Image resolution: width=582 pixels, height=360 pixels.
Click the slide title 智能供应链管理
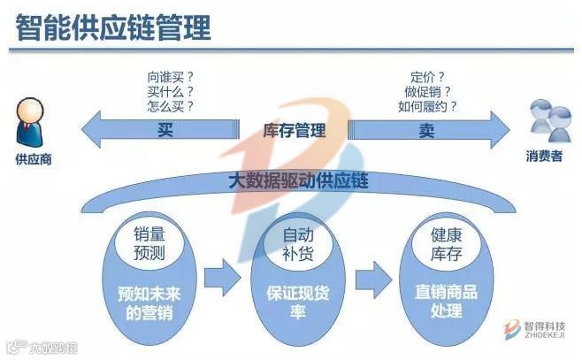point(113,28)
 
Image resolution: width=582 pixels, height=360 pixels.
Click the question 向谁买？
point(170,76)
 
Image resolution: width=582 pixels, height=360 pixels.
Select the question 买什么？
point(170,91)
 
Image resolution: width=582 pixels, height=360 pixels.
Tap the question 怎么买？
point(170,106)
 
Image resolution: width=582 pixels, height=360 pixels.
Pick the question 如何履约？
point(428,106)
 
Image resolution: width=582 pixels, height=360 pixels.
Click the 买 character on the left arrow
point(165,131)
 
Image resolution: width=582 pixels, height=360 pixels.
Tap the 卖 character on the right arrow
point(426,131)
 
